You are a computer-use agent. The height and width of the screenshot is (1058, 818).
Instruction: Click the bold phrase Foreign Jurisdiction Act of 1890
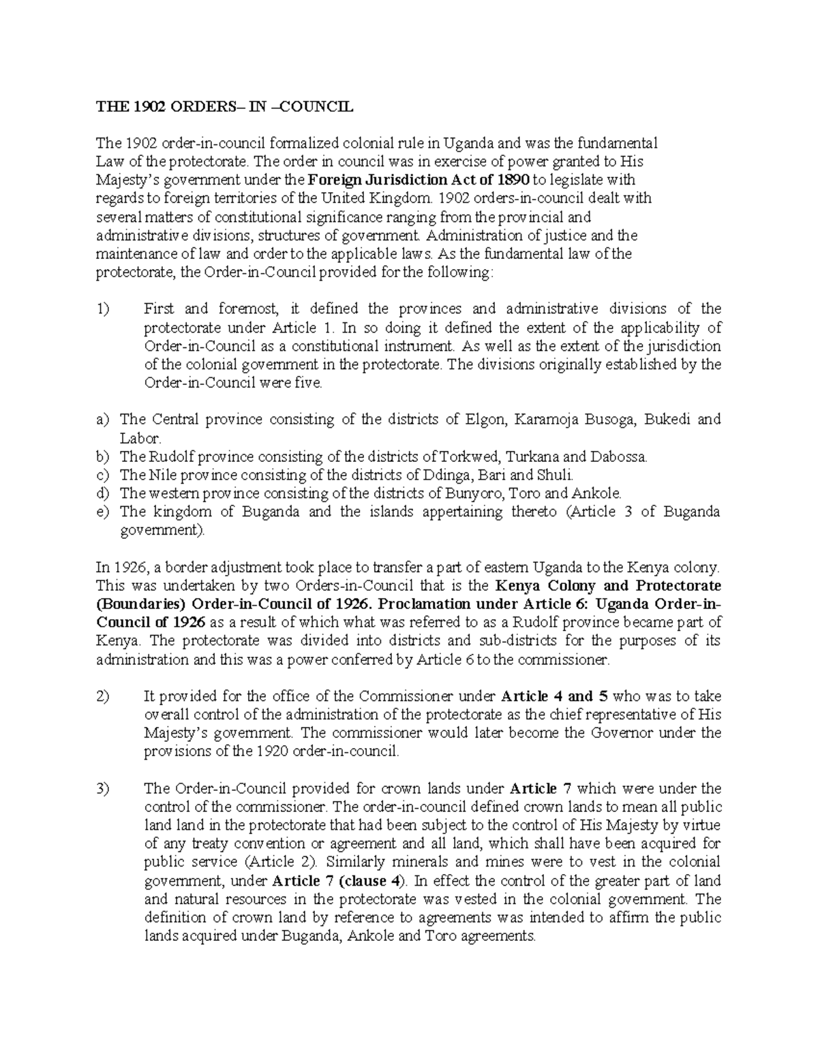tap(419, 181)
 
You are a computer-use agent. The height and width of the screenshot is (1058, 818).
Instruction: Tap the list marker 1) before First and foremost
tap(102, 309)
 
